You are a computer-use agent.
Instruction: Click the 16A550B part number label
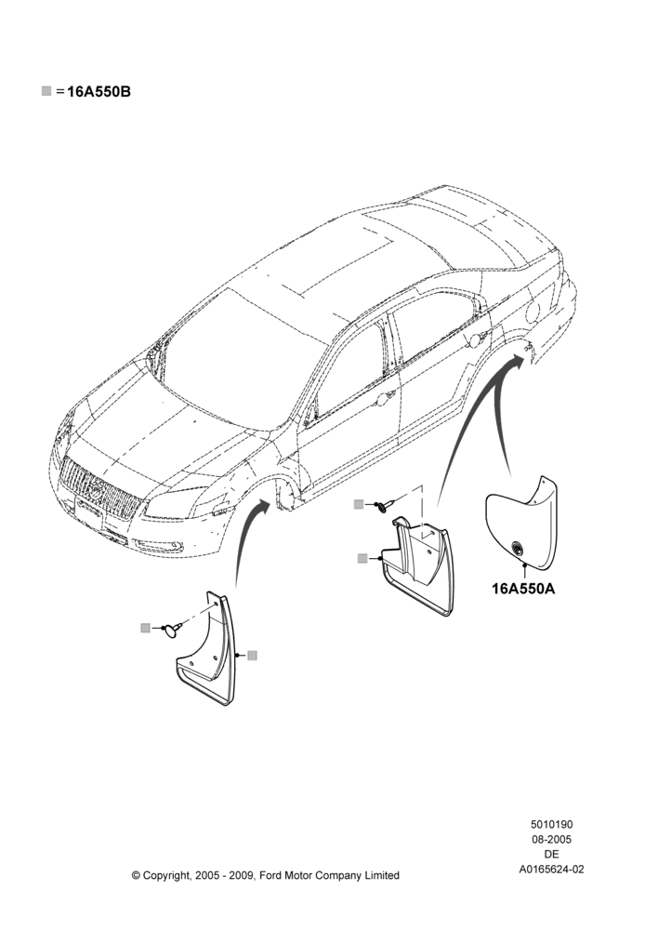(99, 92)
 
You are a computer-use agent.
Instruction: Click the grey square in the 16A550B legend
(46, 91)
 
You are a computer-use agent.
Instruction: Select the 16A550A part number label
(523, 589)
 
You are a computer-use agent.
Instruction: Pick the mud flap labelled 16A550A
(521, 522)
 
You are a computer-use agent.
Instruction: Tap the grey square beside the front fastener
(145, 628)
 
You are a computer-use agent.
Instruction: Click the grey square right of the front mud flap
(253, 656)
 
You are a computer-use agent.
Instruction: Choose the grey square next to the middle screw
(359, 505)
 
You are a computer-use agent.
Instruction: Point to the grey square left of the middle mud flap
(362, 558)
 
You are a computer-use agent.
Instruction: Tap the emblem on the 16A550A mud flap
(518, 548)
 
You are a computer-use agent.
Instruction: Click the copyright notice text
(266, 875)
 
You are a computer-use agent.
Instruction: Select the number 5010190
(551, 824)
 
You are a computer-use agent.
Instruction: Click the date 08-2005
(551, 839)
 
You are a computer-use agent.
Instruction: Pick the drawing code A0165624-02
(551, 870)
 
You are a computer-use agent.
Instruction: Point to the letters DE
(551, 854)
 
